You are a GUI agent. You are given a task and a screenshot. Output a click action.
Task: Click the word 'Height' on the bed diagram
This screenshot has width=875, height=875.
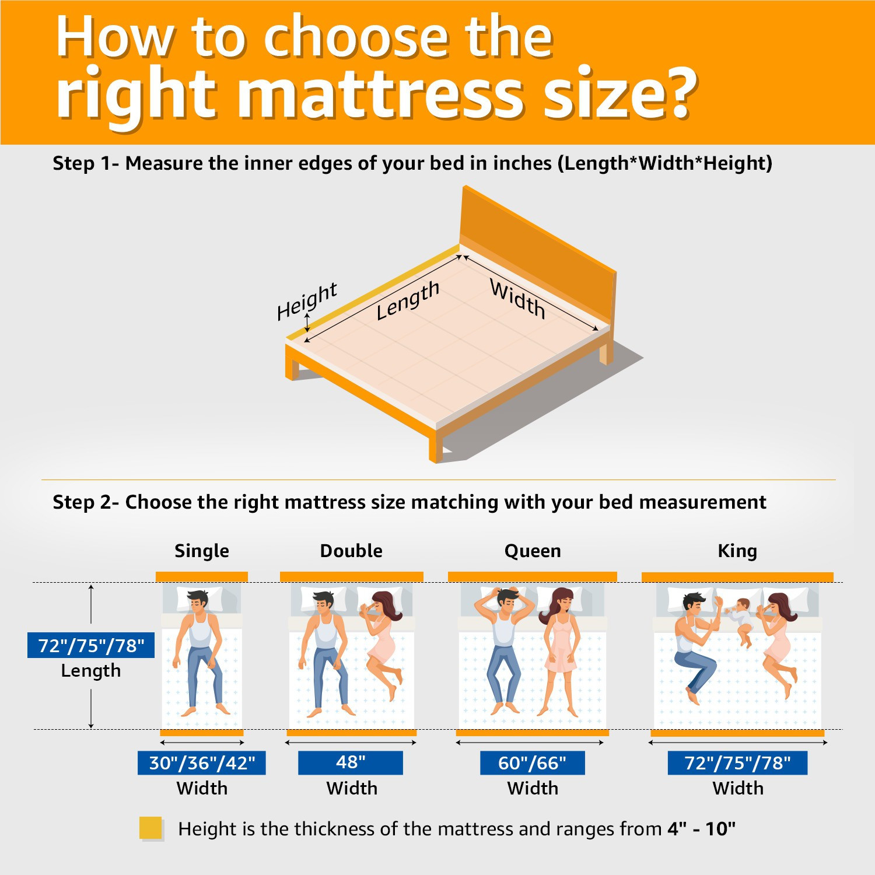[x=307, y=302]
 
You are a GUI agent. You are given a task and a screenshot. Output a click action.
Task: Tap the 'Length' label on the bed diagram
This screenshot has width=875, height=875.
[x=407, y=300]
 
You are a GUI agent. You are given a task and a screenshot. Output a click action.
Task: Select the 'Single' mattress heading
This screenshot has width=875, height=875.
[x=202, y=551]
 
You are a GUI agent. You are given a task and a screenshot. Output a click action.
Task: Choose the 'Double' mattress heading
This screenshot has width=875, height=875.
[x=351, y=551]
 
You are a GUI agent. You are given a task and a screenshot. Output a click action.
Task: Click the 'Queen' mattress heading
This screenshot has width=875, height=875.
[x=533, y=551]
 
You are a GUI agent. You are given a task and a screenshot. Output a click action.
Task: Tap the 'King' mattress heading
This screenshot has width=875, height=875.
[x=737, y=551]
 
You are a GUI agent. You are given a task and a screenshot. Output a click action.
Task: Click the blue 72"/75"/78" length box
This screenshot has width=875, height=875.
[x=91, y=646]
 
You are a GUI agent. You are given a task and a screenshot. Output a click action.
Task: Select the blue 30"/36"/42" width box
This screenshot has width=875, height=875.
[x=202, y=763]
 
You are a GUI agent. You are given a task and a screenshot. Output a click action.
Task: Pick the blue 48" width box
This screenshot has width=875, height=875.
[x=351, y=762]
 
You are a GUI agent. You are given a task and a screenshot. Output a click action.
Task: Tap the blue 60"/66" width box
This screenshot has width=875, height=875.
[x=532, y=763]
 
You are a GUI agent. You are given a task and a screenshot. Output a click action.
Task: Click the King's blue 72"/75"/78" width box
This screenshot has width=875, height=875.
[x=737, y=763]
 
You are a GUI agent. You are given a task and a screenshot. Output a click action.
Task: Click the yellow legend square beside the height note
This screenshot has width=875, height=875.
[x=150, y=828]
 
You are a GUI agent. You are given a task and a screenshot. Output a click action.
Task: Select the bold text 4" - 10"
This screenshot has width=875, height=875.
[x=701, y=829]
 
